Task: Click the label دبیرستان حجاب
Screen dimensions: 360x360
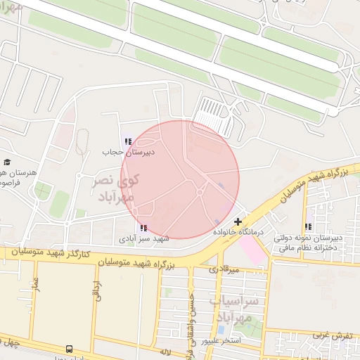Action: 123,152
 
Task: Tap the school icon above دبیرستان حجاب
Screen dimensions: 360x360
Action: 128,142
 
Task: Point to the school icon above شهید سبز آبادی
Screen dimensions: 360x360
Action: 144,228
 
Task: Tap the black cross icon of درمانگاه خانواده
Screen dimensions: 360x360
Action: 238,221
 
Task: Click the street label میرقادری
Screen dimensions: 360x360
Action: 224,269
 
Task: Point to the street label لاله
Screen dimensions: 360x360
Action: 166,351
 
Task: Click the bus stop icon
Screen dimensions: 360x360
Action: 69,349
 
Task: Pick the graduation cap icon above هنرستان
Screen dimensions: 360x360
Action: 6,162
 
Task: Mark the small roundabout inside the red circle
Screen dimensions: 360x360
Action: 200,192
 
